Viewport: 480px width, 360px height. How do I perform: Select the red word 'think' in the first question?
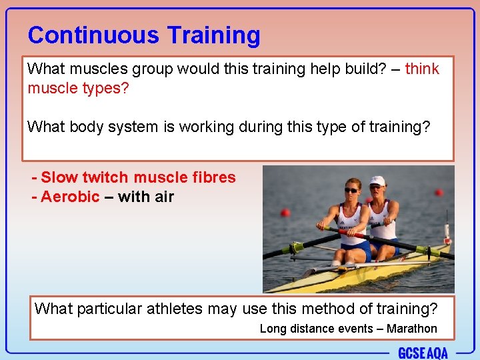pos(422,69)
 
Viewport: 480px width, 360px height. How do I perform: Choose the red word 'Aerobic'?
pos(70,197)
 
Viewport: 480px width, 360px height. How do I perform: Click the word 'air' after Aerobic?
pos(163,197)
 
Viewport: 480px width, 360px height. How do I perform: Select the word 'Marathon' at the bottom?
pos(411,329)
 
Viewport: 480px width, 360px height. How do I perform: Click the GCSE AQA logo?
pos(423,353)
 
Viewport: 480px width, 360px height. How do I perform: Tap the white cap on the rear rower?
pos(378,181)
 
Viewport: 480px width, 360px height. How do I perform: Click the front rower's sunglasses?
pos(351,190)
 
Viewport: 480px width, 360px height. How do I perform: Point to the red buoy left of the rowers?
pos(285,213)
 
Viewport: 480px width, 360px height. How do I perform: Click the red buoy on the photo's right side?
pos(439,193)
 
